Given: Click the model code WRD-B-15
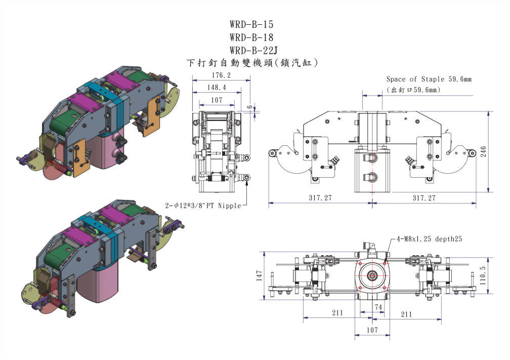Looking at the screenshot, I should tap(251, 24).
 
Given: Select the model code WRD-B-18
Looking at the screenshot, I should tap(251, 37).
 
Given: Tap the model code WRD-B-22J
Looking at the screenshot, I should tap(253, 50).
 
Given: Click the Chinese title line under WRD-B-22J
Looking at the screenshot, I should tap(251, 63).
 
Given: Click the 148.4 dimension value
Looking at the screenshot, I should tap(217, 88).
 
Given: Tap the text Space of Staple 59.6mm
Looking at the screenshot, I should tap(429, 79).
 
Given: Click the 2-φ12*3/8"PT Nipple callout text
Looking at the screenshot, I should tap(204, 206).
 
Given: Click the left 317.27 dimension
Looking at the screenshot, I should tap(320, 198).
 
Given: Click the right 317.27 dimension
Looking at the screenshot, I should tap(423, 198).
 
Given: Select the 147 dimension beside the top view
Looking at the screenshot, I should tap(260, 276).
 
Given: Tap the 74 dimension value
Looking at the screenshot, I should tap(378, 307).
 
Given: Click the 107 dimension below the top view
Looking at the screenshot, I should tap(372, 330).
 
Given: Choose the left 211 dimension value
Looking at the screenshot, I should tap(337, 313).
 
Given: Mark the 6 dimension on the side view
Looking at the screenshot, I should tap(249, 107).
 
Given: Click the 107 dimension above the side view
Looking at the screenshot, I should tap(217, 100).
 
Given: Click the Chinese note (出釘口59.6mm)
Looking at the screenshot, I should tap(413, 90).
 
